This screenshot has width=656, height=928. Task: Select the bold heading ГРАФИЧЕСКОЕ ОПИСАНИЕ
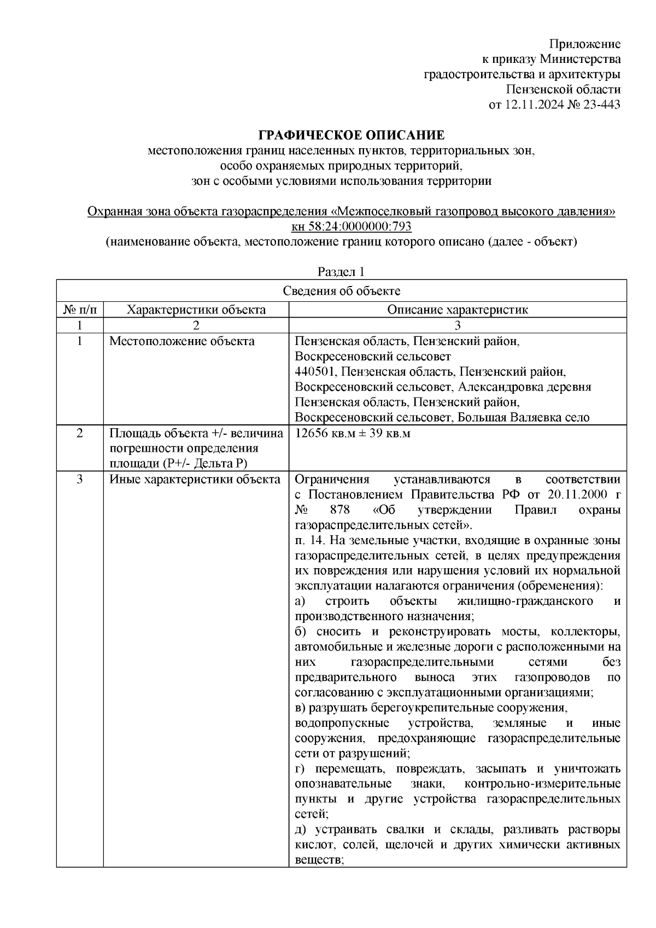click(351, 135)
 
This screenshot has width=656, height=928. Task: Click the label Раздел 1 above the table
click(341, 272)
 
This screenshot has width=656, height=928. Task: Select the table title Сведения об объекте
click(341, 291)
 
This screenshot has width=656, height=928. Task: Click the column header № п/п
click(80, 310)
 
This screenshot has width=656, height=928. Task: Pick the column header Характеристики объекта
click(196, 310)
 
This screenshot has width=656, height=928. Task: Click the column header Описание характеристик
click(458, 310)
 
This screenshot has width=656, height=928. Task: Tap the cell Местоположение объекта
click(182, 342)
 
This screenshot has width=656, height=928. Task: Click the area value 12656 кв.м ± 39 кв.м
click(353, 434)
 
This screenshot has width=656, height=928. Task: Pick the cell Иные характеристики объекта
click(195, 480)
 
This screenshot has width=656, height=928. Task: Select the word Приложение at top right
click(584, 44)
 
